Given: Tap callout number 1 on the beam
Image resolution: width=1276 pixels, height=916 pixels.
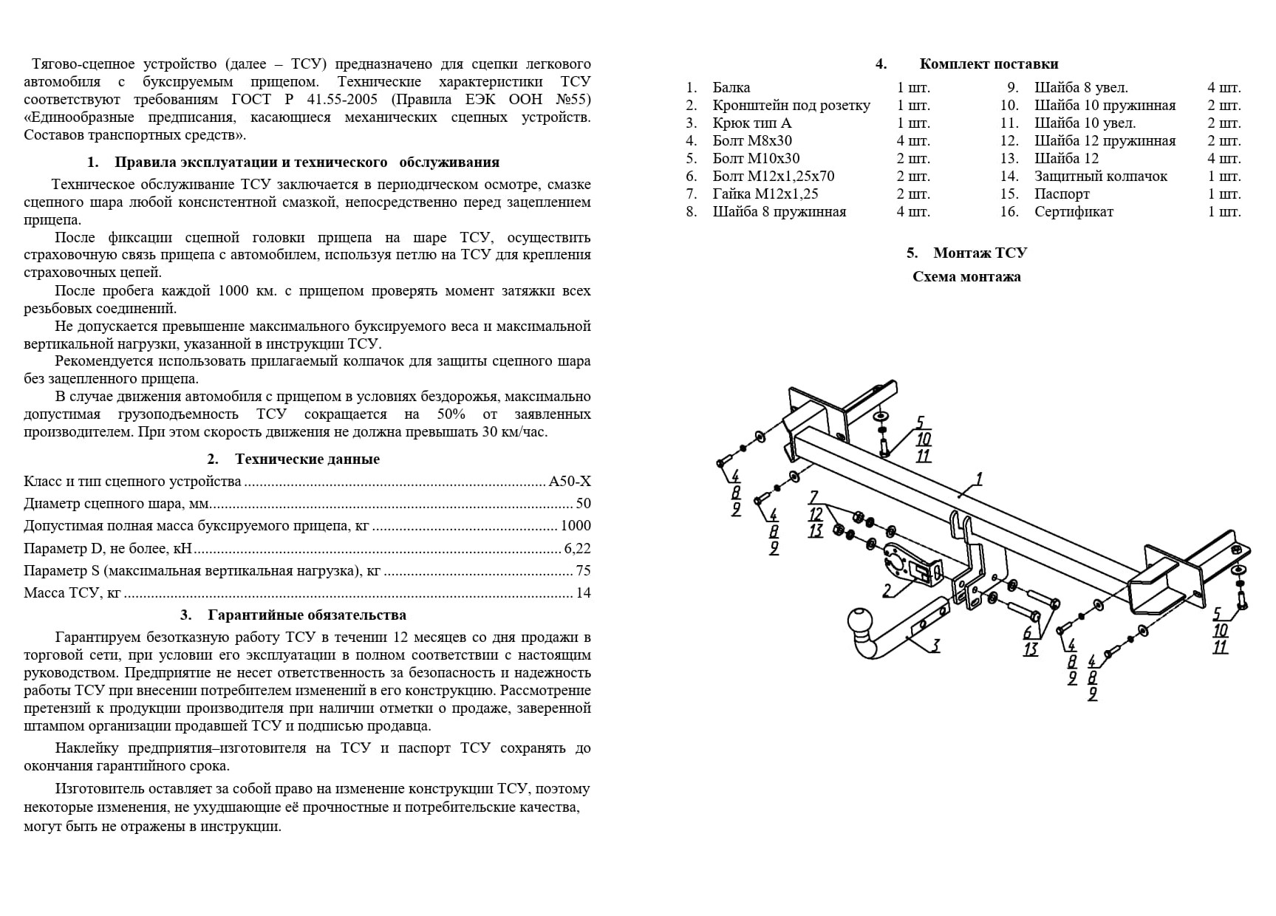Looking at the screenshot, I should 979,479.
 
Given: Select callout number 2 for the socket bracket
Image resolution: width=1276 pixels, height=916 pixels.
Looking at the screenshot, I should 887,589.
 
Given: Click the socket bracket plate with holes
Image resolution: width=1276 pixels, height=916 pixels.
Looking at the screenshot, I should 903,564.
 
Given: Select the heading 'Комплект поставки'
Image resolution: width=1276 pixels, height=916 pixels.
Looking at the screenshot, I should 989,64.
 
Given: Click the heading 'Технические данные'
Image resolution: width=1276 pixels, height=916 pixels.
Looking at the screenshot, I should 307,459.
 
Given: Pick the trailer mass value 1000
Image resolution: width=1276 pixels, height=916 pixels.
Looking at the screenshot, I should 576,526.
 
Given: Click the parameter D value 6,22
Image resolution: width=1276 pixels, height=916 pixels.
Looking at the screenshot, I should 577,548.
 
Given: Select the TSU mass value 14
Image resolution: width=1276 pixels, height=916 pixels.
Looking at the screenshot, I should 583,592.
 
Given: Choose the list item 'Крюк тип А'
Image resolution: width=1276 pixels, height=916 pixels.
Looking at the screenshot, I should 751,123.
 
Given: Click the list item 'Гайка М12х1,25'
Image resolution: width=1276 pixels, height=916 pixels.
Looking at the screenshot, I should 765,194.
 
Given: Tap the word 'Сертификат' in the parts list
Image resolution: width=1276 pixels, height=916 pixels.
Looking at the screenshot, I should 1074,212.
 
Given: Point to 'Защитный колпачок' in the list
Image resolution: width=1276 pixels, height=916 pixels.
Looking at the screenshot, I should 1100,177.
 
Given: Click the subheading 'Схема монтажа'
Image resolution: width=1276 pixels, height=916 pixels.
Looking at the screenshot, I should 966,277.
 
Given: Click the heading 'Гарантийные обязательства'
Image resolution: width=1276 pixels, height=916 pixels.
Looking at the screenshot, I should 307,615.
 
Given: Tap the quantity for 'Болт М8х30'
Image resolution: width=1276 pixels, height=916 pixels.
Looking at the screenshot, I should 913,141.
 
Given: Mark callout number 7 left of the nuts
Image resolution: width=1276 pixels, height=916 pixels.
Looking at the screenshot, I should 813,497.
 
